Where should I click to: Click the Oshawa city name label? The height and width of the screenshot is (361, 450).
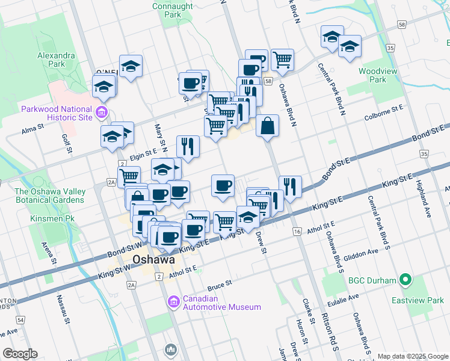(x=145, y=260)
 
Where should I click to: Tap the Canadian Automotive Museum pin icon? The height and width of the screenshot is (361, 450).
(x=174, y=301)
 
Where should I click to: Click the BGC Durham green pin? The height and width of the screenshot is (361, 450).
(x=405, y=280)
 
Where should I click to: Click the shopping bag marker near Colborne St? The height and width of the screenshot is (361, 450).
(x=268, y=126)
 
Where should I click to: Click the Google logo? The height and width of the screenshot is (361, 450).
(x=19, y=354)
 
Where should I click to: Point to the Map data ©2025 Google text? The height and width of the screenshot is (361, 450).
(x=412, y=356)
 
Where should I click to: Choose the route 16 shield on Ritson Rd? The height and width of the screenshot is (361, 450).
(x=297, y=232)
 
